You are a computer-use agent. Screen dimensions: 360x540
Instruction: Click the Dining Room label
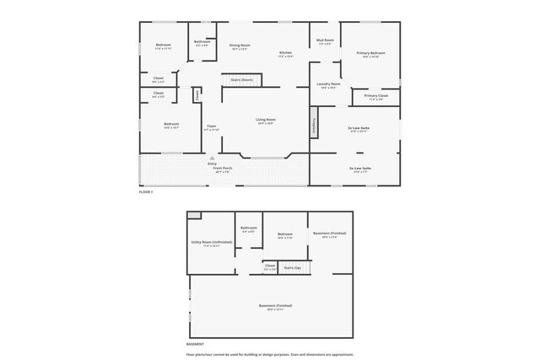click(x=240, y=45)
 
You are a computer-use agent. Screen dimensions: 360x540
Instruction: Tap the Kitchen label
click(x=286, y=52)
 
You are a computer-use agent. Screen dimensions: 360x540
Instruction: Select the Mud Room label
click(x=325, y=40)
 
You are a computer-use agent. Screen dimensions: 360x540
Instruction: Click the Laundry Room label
click(x=329, y=83)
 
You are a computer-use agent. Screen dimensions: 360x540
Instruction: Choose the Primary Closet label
click(x=376, y=95)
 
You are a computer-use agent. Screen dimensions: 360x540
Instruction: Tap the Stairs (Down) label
click(x=242, y=79)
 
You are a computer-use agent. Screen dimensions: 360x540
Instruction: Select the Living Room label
click(x=266, y=119)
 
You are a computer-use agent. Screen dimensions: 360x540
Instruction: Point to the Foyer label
click(x=211, y=126)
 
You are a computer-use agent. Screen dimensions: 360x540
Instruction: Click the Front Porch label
click(x=222, y=168)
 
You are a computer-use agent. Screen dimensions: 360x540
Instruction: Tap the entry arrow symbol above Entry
click(x=212, y=158)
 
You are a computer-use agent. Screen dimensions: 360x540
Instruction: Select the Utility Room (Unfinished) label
click(x=212, y=241)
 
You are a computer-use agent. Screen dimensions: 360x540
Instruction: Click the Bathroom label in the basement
click(x=248, y=228)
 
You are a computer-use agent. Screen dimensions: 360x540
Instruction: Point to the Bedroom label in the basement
click(x=285, y=234)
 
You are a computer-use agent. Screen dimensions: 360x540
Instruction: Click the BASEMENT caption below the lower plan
click(x=195, y=344)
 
